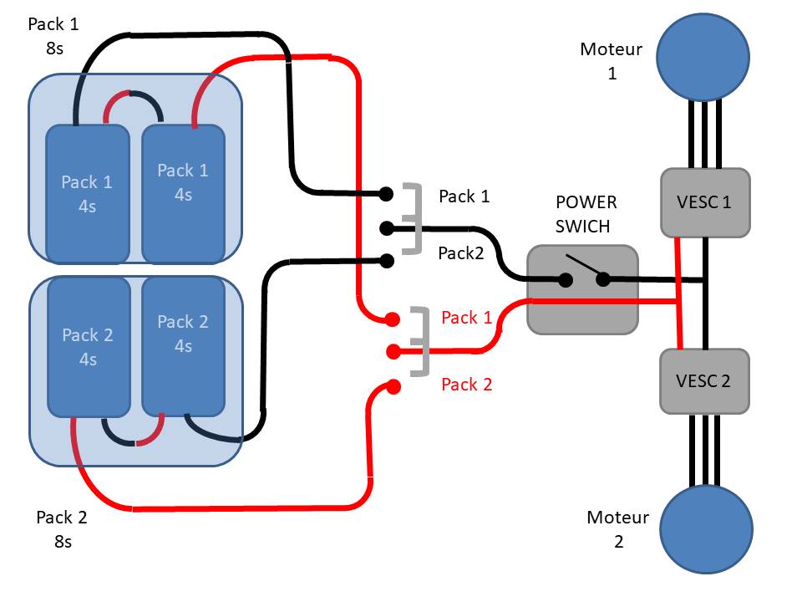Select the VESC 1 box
[x=705, y=202]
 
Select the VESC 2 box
[x=703, y=380]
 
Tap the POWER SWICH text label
[x=586, y=214]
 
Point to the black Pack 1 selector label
[x=464, y=196]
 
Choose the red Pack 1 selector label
[x=466, y=318]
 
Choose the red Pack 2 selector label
[x=466, y=385]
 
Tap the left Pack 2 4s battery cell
[x=88, y=347]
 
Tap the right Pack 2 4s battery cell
[x=183, y=343]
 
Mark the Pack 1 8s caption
[x=53, y=36]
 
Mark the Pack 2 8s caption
[x=61, y=529]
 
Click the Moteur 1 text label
[x=612, y=61]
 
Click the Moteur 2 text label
[x=618, y=529]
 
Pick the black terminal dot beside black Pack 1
[x=387, y=194]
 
